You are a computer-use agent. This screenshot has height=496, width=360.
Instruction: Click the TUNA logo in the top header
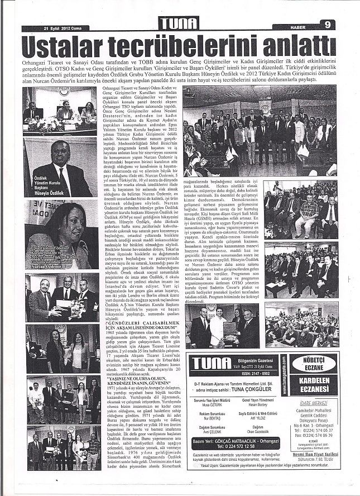[179, 23]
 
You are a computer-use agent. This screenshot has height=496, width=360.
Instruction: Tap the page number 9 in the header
[329, 25]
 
